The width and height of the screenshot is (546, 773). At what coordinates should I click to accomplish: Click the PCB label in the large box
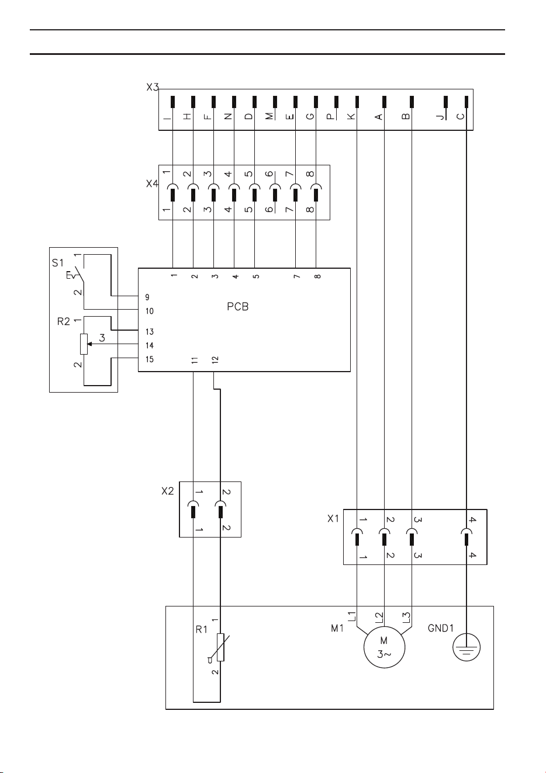237,306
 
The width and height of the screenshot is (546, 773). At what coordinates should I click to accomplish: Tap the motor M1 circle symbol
384,647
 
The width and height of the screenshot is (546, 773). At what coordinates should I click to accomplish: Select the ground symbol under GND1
466,647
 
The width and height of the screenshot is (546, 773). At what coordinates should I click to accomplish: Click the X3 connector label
153,87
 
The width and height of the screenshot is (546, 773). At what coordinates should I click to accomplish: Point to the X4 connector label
153,183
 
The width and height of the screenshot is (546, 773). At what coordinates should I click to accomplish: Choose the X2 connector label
168,491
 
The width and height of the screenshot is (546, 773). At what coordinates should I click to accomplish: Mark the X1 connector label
333,519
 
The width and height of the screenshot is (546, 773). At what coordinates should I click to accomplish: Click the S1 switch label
58,263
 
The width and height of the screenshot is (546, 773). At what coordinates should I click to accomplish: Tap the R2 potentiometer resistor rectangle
84,344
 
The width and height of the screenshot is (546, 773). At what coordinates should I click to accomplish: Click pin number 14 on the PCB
150,345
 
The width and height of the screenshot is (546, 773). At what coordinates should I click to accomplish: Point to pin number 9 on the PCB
147,297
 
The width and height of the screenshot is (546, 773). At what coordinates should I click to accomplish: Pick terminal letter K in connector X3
351,116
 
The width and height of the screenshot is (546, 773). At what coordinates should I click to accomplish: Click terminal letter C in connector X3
460,116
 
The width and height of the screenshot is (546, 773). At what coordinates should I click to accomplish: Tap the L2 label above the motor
379,616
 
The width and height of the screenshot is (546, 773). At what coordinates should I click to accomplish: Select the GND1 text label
441,628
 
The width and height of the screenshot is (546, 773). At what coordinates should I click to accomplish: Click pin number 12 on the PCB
215,360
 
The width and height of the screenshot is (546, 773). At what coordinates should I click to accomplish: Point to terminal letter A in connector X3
378,117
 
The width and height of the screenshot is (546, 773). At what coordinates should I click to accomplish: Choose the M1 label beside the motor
337,628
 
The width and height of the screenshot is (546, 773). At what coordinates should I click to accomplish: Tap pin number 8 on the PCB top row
318,276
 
